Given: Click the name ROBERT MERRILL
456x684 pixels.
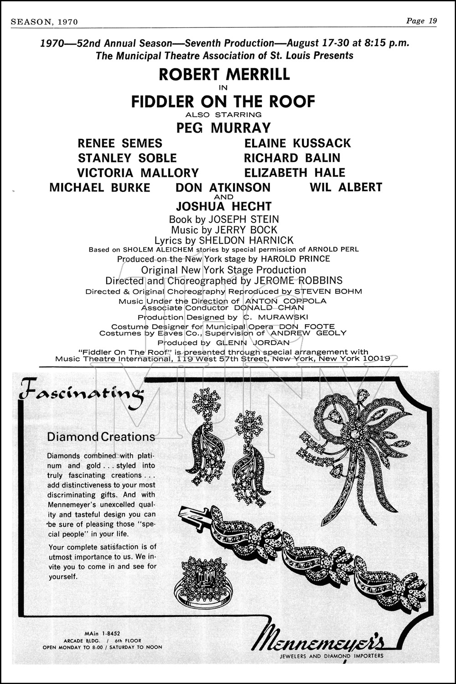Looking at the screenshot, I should [224, 74].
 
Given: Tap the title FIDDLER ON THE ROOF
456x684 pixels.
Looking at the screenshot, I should [223, 101].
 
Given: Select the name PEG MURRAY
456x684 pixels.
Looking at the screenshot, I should [223, 128].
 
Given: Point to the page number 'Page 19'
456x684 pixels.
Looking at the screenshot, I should [421, 21].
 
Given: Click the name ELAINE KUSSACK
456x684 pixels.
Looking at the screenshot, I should [297, 143].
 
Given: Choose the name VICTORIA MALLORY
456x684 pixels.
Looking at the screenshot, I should [138, 173].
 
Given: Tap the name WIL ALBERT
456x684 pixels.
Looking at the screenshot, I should [346, 187].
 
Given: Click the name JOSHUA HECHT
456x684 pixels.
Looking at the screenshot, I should [223, 206].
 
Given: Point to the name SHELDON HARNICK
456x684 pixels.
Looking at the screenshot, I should [249, 240].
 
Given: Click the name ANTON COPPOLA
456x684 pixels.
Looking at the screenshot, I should [285, 301].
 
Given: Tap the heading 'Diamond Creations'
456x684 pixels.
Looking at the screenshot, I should [101, 437].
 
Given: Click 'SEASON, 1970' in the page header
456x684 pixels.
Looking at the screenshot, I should [44, 21].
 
